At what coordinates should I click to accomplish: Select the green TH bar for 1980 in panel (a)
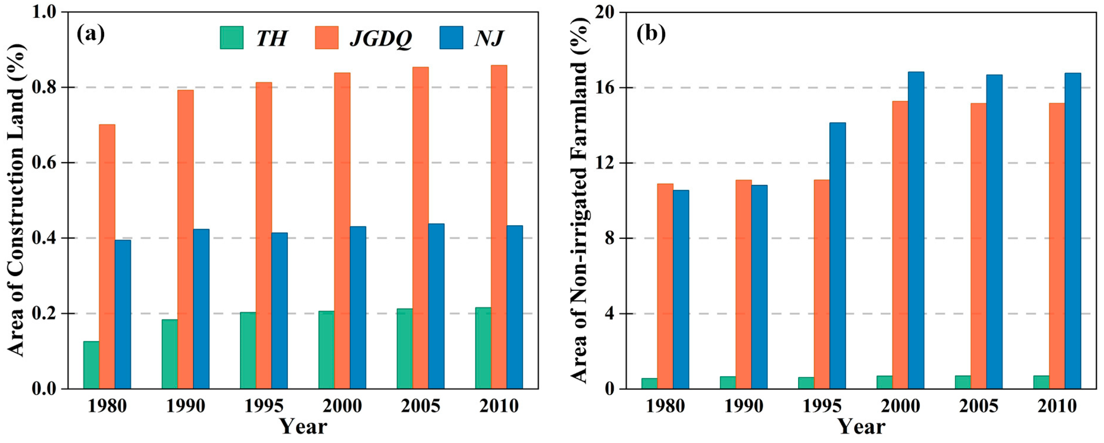click(91, 365)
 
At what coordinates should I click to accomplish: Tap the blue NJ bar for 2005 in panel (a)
click(436, 306)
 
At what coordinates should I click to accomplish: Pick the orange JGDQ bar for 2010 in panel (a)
click(499, 227)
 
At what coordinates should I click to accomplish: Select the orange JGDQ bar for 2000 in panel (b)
click(900, 245)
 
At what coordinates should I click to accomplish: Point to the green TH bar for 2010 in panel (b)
click(1041, 382)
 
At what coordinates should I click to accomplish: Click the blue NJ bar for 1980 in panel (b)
click(680, 290)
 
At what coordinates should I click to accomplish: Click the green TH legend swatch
click(232, 38)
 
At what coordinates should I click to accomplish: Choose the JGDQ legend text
click(380, 38)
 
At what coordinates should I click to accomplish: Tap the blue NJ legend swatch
click(451, 38)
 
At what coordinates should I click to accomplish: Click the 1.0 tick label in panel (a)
click(46, 12)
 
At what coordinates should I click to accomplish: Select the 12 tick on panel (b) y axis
click(602, 163)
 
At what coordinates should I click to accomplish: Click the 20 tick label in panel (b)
click(602, 12)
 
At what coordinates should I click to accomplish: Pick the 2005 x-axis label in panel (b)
click(979, 406)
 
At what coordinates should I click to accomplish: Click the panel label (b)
click(651, 34)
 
